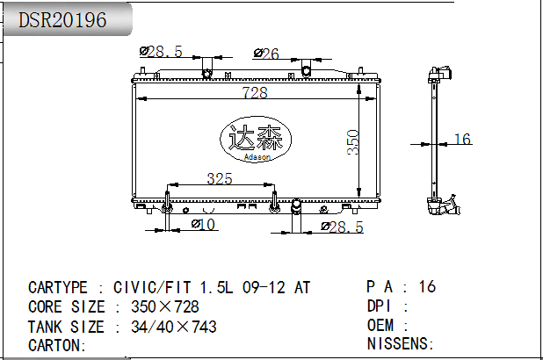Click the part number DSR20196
click(x=62, y=20)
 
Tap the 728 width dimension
click(x=255, y=92)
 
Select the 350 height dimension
click(x=353, y=142)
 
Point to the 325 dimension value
click(x=220, y=178)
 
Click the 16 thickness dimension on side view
click(x=462, y=139)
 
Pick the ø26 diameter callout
click(x=266, y=54)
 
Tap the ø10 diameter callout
click(x=203, y=225)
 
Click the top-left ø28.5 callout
click(x=161, y=52)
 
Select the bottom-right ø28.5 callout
click(x=342, y=227)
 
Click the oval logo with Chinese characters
click(x=256, y=139)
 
